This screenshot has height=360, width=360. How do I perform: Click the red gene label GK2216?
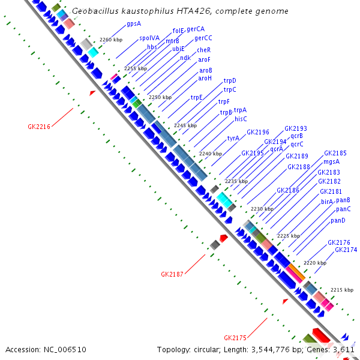pos(38,127)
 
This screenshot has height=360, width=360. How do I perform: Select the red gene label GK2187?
pos(172,274)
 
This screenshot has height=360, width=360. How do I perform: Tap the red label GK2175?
pos(235,337)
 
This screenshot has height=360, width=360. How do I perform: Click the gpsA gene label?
pos(134,24)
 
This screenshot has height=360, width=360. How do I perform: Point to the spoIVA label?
pos(149,38)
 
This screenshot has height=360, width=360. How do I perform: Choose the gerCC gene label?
pos(203,38)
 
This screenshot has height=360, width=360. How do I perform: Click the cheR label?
pos(204,50)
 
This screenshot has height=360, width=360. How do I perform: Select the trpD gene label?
pos(230,80)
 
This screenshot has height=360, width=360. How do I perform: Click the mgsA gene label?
pos(332,161)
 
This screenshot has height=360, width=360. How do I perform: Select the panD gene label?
pos(338,221)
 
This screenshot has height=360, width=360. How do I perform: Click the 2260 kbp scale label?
pos(110,40)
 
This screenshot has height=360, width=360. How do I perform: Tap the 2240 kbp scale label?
pos(210,154)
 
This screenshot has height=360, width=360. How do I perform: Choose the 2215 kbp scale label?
pos(341,289)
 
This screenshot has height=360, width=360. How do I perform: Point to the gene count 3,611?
pos(344,349)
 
